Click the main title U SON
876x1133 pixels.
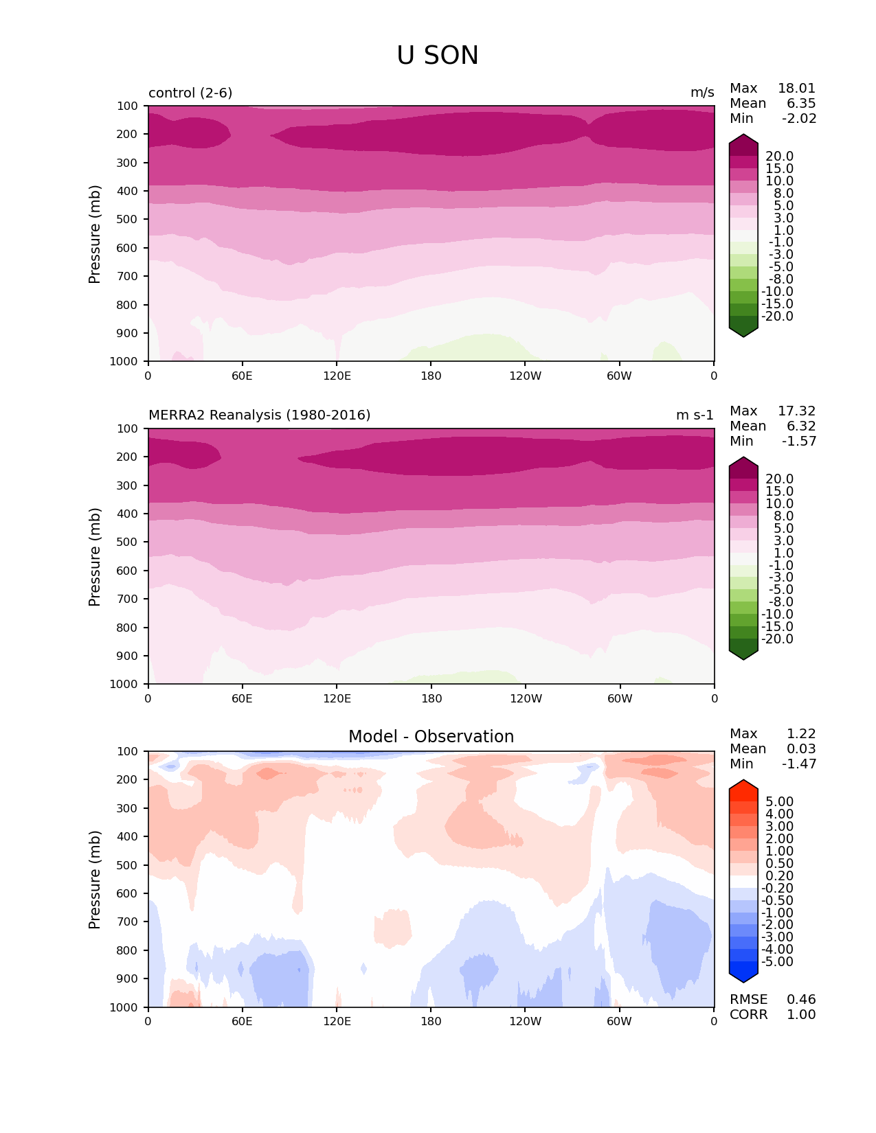438,56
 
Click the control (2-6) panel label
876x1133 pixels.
190,93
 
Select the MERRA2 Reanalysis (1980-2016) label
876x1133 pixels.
259,415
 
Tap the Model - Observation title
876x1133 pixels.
431,737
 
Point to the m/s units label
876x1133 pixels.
702,93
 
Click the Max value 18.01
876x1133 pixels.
796,89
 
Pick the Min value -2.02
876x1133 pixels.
799,119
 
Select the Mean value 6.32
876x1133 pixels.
801,426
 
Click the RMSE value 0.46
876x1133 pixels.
801,1000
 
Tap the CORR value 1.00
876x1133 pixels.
801,1015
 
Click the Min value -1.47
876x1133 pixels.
799,764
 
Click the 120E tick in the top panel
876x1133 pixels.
337,376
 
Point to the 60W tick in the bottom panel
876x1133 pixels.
619,1021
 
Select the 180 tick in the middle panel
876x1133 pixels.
431,698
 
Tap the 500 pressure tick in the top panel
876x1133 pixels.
128,219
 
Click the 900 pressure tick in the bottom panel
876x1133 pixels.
128,978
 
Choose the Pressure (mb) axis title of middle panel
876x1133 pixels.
95,557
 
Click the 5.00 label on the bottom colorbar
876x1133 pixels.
779,802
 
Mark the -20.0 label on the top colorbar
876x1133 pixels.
777,317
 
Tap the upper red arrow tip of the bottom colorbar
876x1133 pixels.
743,781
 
